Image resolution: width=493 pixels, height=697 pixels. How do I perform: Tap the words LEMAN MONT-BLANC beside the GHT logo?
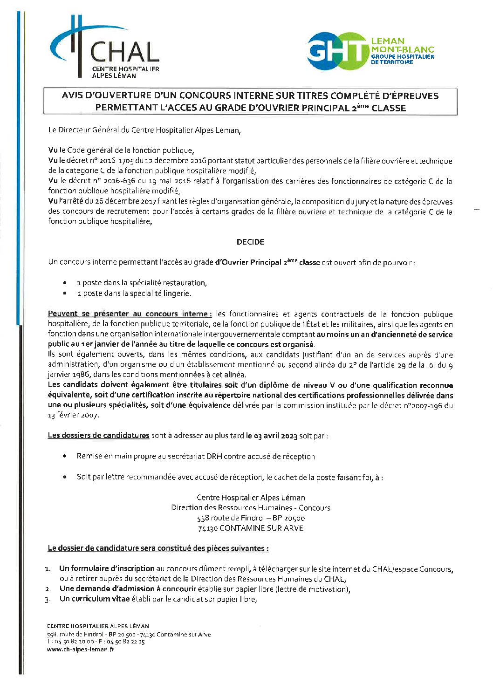point(402,45)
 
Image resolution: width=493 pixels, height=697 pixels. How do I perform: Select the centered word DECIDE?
point(250,242)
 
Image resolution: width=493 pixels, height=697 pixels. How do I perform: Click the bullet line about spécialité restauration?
point(142,283)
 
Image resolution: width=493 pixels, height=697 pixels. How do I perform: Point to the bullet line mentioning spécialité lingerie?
point(134,294)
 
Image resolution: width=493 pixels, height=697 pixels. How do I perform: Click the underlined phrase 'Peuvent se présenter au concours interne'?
point(130,314)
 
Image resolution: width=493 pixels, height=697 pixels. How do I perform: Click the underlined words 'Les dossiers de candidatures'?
point(98,436)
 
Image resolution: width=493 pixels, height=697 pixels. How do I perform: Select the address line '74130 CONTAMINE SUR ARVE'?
point(250,528)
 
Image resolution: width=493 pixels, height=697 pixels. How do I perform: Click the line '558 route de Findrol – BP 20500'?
point(250,518)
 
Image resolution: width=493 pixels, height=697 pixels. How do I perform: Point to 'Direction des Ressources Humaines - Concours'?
point(250,508)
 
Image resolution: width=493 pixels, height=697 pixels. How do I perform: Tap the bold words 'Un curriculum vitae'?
point(94,599)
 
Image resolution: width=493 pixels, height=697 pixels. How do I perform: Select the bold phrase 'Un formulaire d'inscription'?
point(107,569)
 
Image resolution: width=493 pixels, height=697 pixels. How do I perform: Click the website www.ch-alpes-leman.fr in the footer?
point(80,649)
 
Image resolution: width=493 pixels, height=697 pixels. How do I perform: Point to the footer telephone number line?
point(96,642)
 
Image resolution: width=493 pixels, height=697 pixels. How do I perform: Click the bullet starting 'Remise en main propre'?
point(196,457)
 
